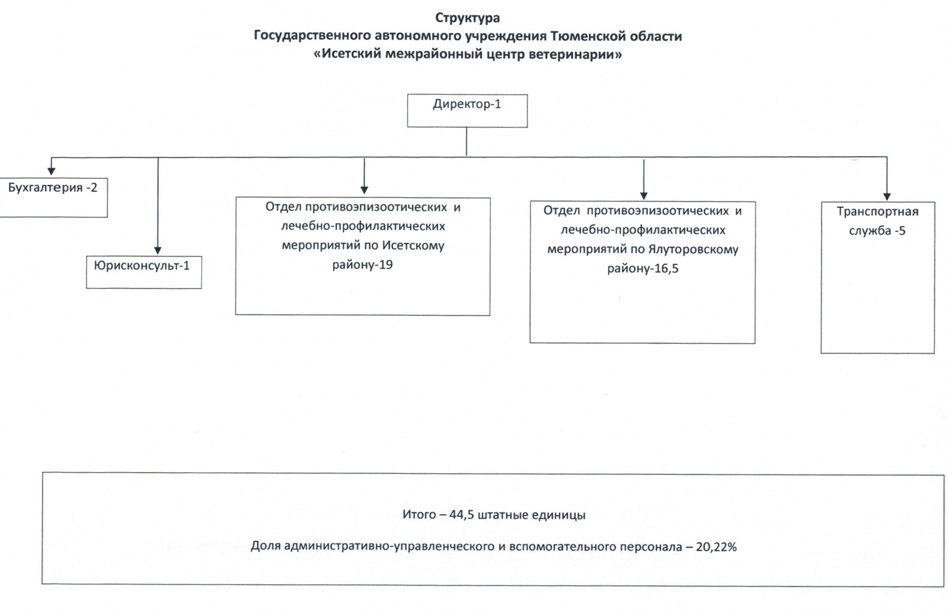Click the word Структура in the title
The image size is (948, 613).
[x=467, y=18]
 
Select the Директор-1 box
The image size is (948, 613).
[x=467, y=110]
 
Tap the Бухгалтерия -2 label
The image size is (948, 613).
[x=53, y=188]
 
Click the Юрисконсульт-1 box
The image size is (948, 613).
[x=144, y=272]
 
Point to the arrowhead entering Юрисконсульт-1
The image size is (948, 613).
[x=158, y=250]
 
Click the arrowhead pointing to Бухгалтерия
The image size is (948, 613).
[x=51, y=171]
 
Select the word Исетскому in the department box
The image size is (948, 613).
[x=413, y=246]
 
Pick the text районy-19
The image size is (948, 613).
[x=363, y=265]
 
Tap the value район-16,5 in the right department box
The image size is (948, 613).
[x=643, y=269]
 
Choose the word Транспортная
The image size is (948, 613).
[x=878, y=212]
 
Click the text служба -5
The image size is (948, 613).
[x=877, y=231]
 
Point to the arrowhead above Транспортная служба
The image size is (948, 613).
[x=887, y=197]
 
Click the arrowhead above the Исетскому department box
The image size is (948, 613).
[x=364, y=190]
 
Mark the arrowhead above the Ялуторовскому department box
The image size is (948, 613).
[x=644, y=196]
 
